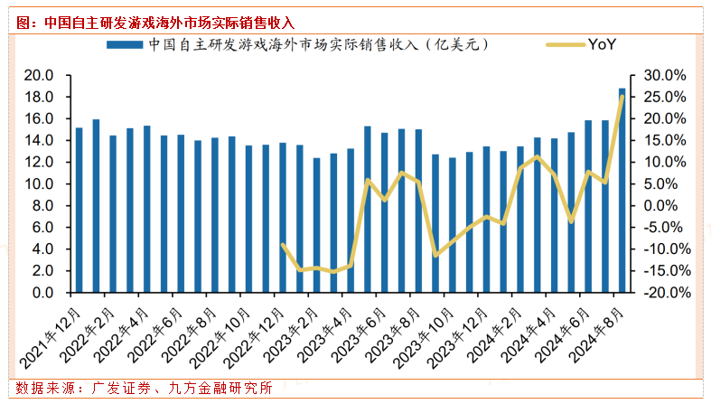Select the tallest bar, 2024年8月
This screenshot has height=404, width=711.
pyautogui.click(x=622, y=190)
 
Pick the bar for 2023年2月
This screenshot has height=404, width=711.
pyautogui.click(x=317, y=225)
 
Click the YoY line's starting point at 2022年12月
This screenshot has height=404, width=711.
pyautogui.click(x=283, y=245)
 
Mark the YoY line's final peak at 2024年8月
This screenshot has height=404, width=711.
pyautogui.click(x=622, y=97)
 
